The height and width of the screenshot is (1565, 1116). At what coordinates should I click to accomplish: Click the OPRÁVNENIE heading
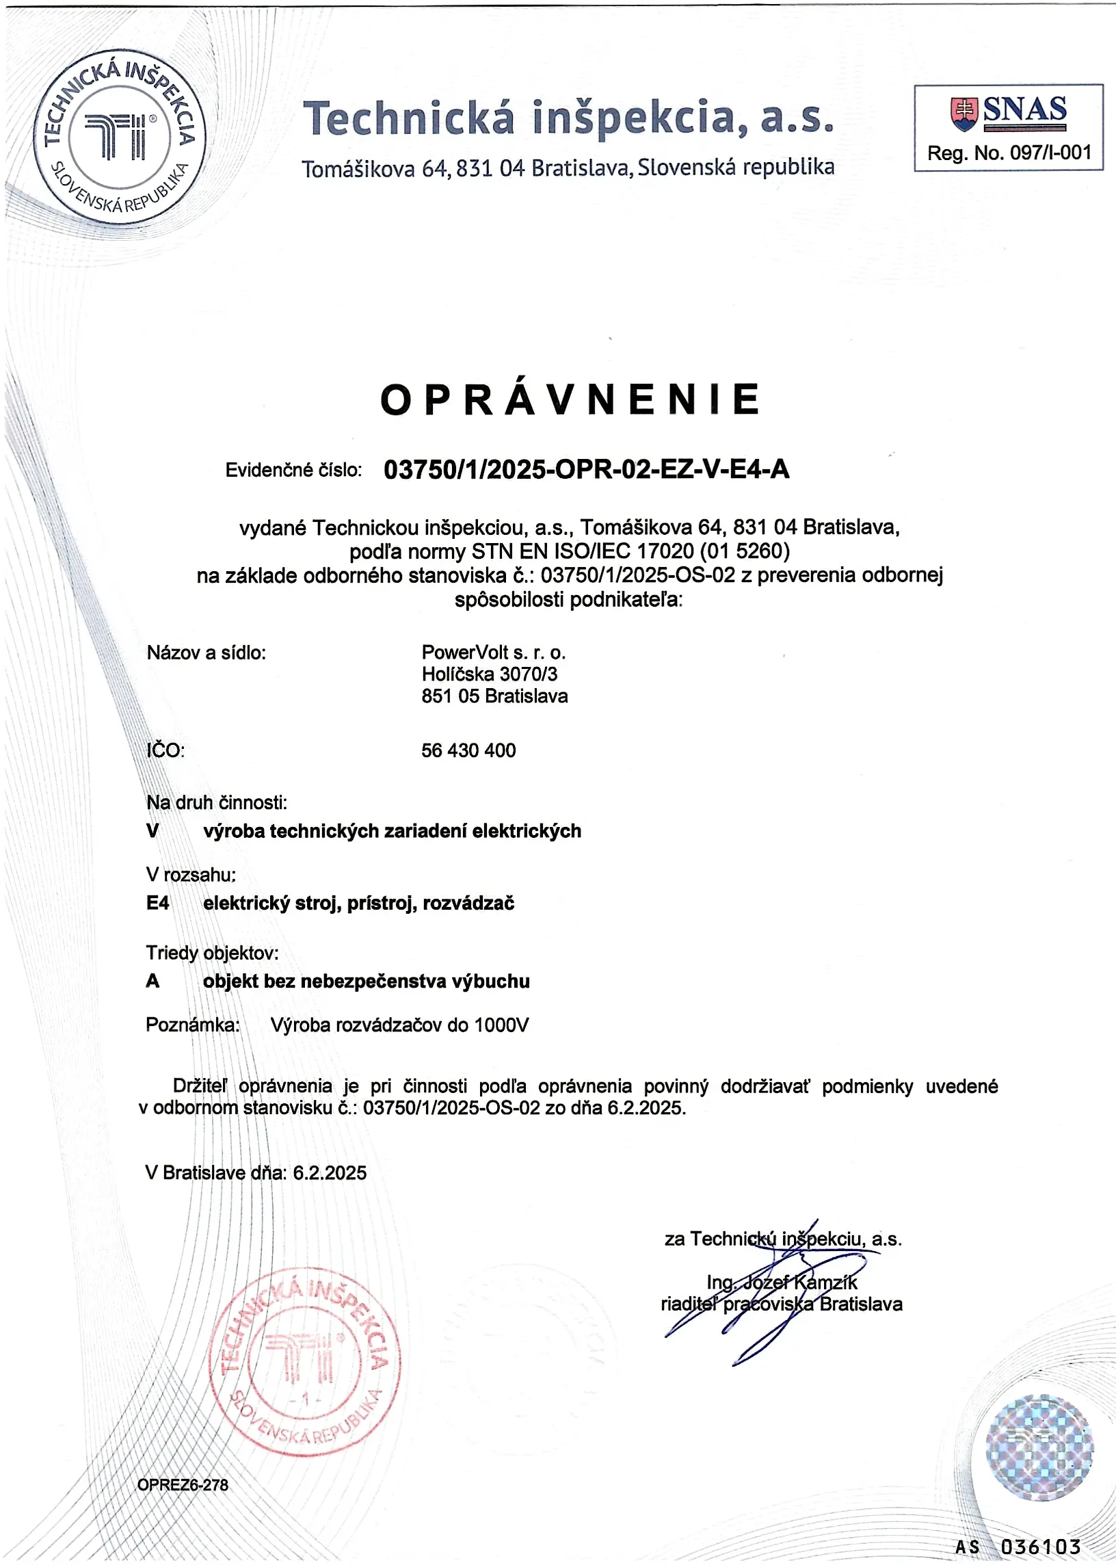(x=570, y=400)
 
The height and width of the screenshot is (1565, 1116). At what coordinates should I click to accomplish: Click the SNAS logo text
(x=1024, y=110)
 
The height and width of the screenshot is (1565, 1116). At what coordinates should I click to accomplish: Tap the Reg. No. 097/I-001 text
(x=1009, y=153)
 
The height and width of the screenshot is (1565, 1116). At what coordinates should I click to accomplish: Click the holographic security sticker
(x=1039, y=1447)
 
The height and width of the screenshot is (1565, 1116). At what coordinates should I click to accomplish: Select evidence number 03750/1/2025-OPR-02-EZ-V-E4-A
(x=586, y=469)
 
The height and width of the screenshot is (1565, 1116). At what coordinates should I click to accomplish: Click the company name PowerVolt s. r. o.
(x=494, y=652)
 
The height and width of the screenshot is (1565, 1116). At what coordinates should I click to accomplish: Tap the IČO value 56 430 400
(x=468, y=750)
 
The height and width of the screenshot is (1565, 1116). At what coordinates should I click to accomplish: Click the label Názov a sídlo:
(x=206, y=653)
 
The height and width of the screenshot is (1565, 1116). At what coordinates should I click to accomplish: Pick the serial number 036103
(x=1040, y=1547)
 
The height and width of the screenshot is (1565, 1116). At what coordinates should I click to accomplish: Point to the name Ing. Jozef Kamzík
(x=782, y=1282)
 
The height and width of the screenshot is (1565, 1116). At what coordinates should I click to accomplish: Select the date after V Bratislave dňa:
(x=330, y=1172)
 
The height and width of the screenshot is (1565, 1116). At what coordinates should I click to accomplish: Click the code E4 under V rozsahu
(x=157, y=903)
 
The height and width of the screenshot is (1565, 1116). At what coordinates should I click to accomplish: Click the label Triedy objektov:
(x=213, y=953)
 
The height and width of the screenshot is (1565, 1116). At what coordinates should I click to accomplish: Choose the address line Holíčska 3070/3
(x=490, y=674)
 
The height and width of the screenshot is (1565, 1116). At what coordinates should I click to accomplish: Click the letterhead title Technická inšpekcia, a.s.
(x=569, y=117)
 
